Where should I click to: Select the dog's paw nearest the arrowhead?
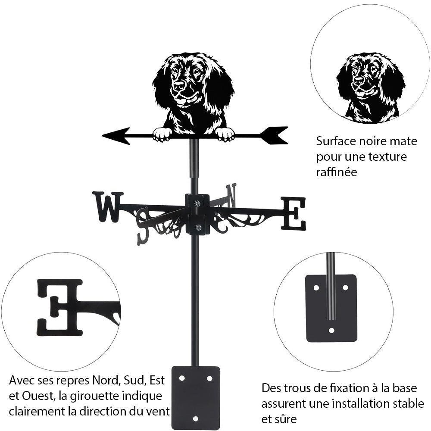(162, 134)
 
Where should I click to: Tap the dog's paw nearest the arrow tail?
(225, 134)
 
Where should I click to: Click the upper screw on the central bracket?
(197, 203)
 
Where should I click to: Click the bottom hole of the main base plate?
(195, 419)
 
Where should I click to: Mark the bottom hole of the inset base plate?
(331, 330)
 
